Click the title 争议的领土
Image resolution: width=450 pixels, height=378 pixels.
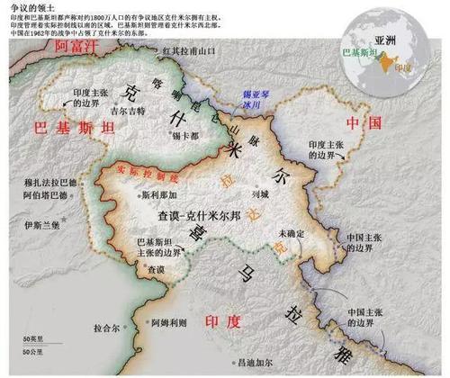(x=27, y=5)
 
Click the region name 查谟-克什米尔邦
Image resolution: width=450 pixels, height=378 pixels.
(x=197, y=215)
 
